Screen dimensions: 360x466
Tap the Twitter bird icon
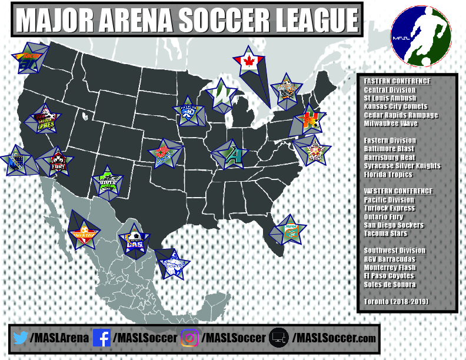[20, 338]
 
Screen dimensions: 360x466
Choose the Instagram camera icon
[189, 338]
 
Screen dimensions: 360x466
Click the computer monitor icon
[279, 338]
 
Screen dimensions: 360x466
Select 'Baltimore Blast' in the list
[390, 149]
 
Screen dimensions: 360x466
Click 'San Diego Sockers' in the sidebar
[393, 225]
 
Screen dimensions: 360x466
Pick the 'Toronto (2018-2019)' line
[395, 302]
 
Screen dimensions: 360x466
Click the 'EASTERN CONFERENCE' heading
[397, 81]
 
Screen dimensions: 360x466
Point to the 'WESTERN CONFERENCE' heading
[398, 191]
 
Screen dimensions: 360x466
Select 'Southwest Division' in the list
[394, 251]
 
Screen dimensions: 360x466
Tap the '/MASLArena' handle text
[59, 338]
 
